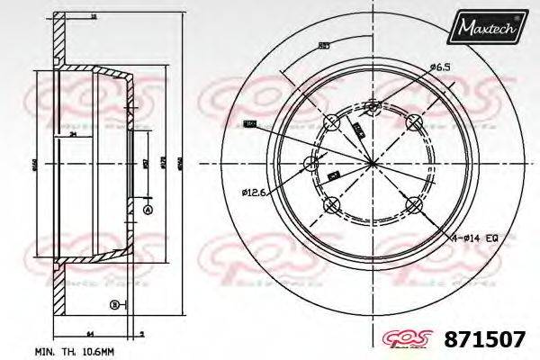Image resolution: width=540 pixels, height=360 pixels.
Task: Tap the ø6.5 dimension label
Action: click(x=440, y=67)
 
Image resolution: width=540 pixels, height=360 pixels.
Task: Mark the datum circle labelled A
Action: click(x=148, y=210)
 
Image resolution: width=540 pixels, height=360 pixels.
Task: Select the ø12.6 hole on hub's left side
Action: click(x=312, y=163)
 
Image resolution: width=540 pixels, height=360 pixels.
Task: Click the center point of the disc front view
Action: click(x=373, y=163)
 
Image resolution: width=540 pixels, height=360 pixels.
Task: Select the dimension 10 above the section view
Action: click(x=94, y=16)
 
